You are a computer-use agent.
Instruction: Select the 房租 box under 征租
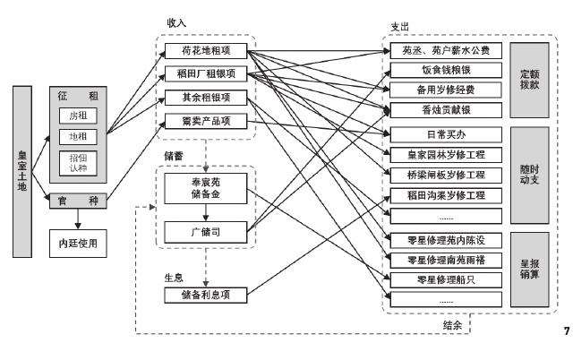79,116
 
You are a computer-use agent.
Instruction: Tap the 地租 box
79,137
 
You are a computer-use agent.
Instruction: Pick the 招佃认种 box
79,163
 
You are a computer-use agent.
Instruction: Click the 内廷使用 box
78,242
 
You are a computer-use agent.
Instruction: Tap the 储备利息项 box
205,294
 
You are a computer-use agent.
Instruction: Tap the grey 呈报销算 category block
529,263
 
